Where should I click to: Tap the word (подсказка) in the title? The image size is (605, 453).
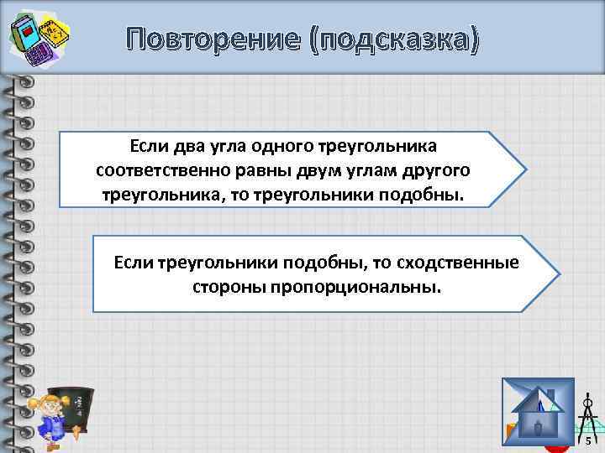click(x=394, y=39)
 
